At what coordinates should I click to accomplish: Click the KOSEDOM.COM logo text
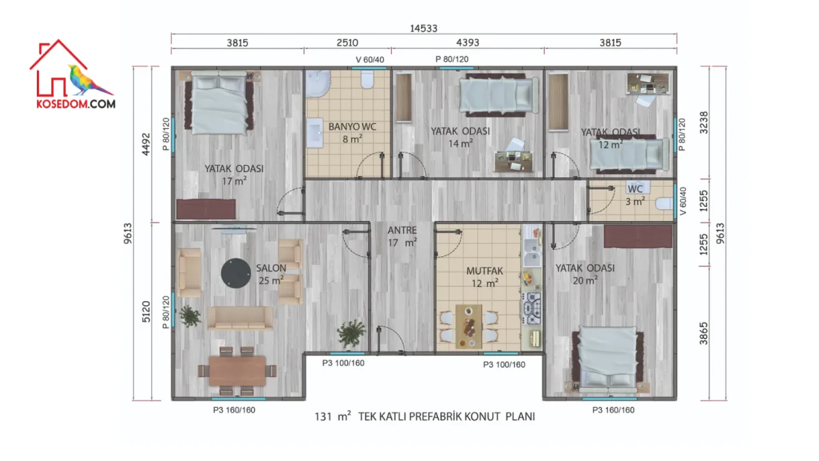[76, 104]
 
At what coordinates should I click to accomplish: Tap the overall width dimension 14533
[423, 29]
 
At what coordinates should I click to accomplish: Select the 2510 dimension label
[347, 43]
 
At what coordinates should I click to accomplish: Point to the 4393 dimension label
[468, 43]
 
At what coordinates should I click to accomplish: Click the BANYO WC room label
[352, 126]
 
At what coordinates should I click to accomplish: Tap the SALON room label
[271, 268]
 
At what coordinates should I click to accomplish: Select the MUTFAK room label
[485, 271]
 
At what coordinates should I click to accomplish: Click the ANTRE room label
[402, 230]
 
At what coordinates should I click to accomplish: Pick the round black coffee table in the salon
[236, 273]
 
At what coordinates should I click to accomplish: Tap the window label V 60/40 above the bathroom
[370, 59]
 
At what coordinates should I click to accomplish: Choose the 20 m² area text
[586, 281]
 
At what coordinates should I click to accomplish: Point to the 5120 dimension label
[146, 311]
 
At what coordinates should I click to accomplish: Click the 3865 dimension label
[704, 333]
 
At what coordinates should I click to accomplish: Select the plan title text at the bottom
[425, 417]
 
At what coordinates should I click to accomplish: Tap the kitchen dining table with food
[469, 326]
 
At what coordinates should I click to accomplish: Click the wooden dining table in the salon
[238, 371]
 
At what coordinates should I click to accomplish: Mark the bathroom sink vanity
[315, 132]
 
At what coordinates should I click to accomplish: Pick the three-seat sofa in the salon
[240, 318]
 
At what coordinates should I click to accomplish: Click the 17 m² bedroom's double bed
[218, 102]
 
